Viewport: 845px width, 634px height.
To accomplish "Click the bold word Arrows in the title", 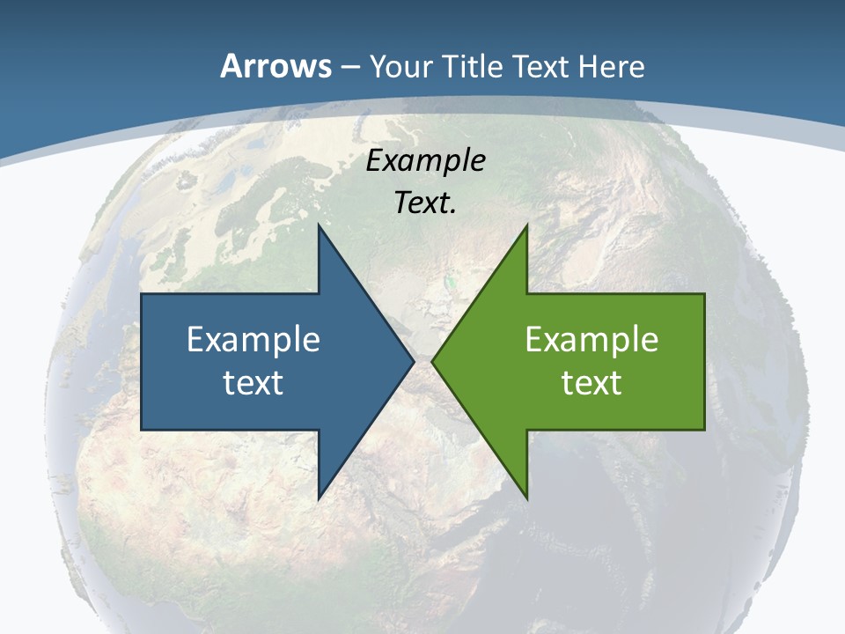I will click(x=274, y=66).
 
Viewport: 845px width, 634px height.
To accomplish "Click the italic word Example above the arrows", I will click(x=426, y=160).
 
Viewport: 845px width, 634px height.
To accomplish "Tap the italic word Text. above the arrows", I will click(x=425, y=203).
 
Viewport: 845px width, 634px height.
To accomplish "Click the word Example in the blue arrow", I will click(x=253, y=339).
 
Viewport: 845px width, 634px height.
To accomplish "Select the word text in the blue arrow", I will click(x=253, y=382).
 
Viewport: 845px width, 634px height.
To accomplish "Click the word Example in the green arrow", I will click(x=591, y=339).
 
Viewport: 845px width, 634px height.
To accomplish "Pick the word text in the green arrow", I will click(x=591, y=382).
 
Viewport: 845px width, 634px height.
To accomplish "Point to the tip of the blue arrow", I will click(x=413, y=361).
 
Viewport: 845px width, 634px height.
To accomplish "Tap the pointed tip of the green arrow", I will click(x=432, y=361).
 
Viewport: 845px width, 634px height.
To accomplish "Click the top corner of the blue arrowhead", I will click(x=319, y=226).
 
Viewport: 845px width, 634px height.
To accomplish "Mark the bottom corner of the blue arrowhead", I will click(x=319, y=498).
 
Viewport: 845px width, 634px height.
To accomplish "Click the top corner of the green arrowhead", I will click(x=526, y=226).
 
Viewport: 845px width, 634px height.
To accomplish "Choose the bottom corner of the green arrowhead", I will click(x=526, y=498).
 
